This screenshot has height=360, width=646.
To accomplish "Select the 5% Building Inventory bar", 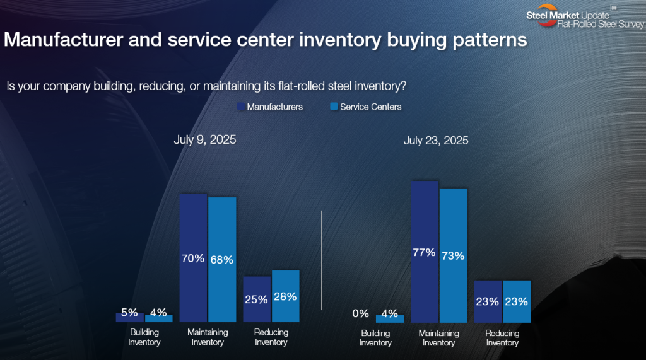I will coord(130,318).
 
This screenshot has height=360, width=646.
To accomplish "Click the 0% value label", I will coord(361,313).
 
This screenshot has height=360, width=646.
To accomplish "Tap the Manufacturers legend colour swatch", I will coord(241,107).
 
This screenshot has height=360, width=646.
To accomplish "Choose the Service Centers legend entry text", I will coord(370,107).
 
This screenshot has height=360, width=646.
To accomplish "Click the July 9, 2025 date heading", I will coord(205,139).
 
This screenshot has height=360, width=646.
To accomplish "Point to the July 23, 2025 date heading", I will coord(436,141).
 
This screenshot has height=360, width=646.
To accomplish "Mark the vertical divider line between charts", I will coord(322,260).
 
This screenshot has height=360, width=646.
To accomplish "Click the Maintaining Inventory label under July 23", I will coord(438,338).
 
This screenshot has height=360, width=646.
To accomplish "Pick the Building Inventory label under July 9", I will coord(144,337).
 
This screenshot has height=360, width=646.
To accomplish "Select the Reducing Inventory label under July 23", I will coord(502,338).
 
